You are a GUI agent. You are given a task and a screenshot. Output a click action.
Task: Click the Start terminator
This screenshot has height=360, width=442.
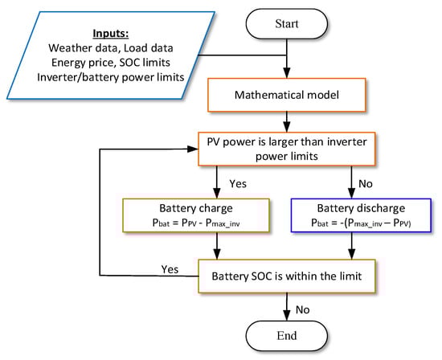coord(286,25)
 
